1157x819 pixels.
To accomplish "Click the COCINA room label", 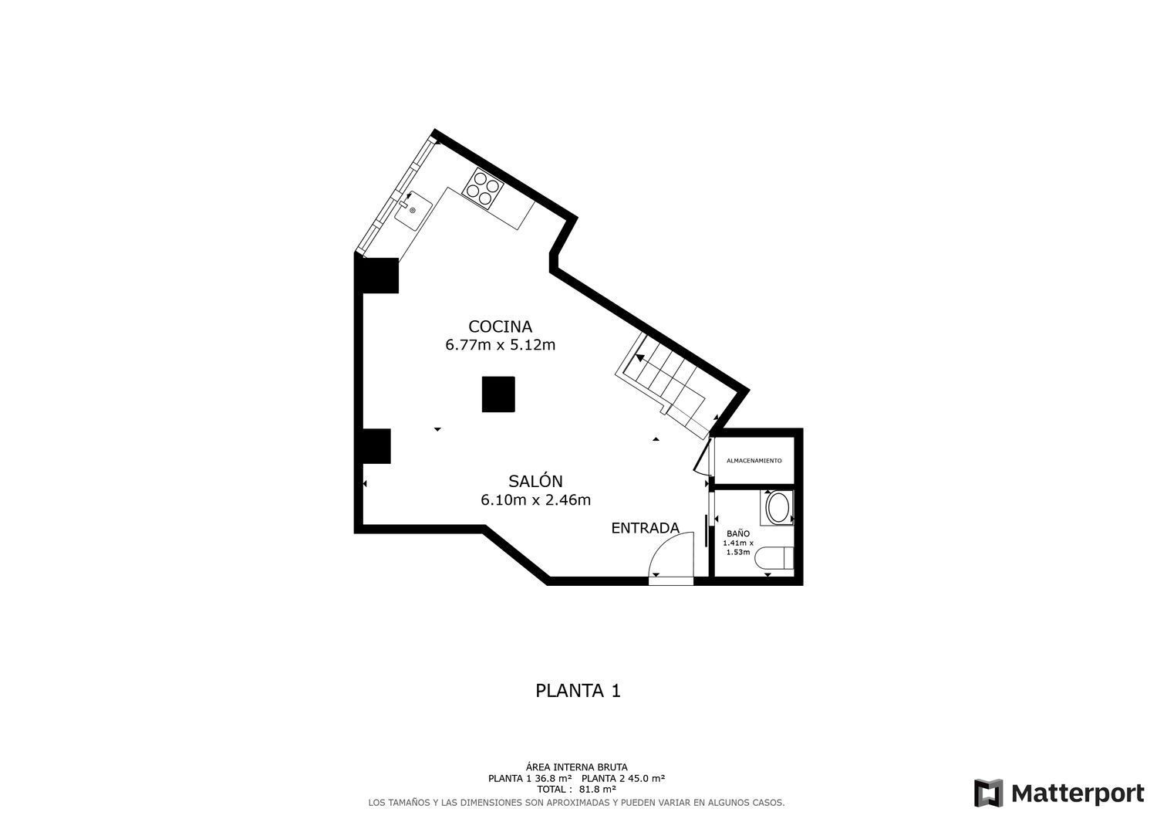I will click(x=500, y=327).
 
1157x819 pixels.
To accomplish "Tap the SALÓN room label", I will click(x=535, y=481).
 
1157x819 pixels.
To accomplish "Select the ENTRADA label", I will click(x=645, y=528).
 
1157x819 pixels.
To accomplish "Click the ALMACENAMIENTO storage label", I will click(x=754, y=461).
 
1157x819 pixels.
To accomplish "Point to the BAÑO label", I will click(x=738, y=533).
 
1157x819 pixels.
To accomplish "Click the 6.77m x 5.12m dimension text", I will click(x=500, y=345).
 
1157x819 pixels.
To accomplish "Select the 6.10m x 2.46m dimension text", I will click(x=535, y=500).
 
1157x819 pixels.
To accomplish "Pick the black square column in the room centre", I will click(x=498, y=394).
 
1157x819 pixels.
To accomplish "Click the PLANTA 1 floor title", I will click(x=578, y=691).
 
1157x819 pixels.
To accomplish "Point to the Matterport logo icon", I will click(x=988, y=793).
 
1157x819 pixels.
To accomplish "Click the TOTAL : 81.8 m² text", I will click(x=576, y=790).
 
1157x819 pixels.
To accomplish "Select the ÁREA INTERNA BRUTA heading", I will click(x=576, y=767).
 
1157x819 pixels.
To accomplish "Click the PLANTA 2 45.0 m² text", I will click(x=623, y=779).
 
